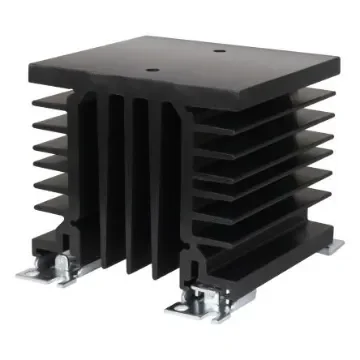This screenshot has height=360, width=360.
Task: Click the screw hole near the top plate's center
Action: click(x=153, y=70)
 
